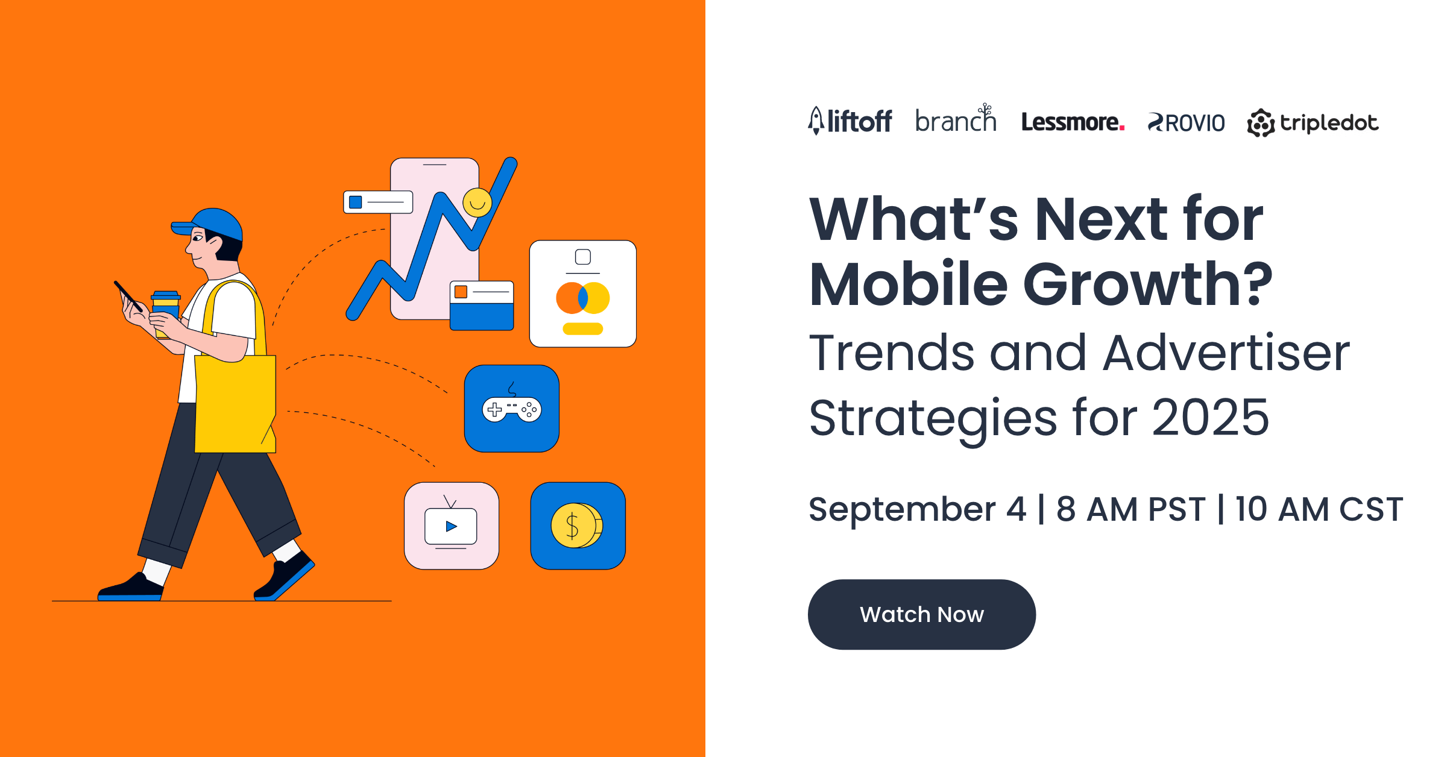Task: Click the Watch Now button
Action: pos(922,614)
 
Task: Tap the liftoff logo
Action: pos(850,121)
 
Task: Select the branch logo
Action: pos(956,118)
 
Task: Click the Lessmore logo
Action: pos(1073,122)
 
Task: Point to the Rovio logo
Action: pos(1186,123)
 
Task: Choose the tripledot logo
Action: pos(1313,123)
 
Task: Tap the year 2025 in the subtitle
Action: pos(1211,417)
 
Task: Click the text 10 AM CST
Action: pos(1319,509)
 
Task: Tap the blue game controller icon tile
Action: pos(512,409)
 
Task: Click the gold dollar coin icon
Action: pos(576,526)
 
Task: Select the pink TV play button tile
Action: pos(452,526)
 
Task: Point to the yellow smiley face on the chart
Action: pos(478,203)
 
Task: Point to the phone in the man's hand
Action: pos(128,297)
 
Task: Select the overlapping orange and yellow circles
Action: pos(583,298)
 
